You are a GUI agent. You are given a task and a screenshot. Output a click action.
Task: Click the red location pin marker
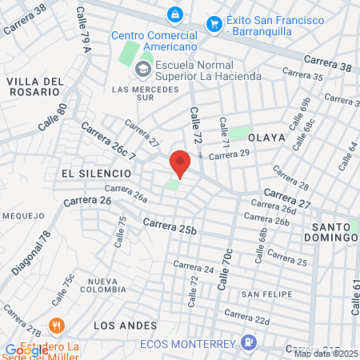point(180,162)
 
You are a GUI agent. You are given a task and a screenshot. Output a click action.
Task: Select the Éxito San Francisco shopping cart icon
point(214,24)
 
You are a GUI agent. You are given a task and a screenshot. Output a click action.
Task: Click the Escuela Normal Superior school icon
point(144,67)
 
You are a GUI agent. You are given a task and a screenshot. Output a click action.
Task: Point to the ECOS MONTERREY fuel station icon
point(250,343)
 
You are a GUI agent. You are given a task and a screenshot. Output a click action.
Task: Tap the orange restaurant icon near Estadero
point(55,326)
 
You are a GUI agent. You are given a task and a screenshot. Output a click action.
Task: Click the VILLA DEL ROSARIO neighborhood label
point(34,86)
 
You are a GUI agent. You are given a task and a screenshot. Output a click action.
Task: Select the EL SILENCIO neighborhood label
point(94,173)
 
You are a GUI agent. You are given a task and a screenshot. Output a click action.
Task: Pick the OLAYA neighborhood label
point(266,138)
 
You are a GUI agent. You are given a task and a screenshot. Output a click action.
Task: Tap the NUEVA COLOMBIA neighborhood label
point(110,286)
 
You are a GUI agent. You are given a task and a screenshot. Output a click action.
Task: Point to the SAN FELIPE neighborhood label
point(266,294)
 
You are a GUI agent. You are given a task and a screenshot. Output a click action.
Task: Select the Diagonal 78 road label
point(30,253)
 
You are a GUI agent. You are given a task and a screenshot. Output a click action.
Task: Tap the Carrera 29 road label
point(224,155)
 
